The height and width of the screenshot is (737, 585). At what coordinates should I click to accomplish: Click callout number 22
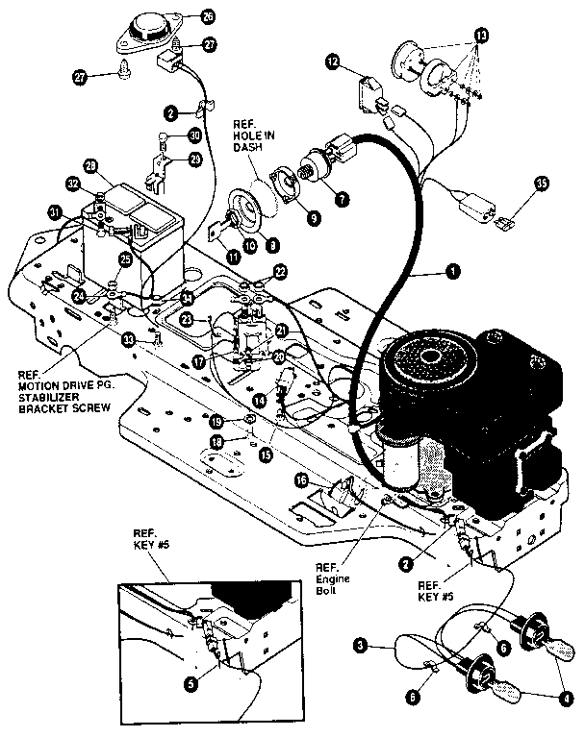pos(280,273)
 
